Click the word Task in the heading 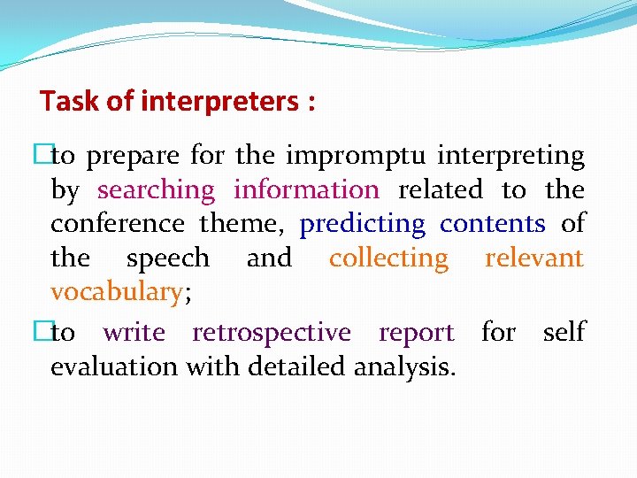(x=69, y=102)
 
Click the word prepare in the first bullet (x=134, y=158)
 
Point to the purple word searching (x=156, y=190)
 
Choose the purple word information (x=306, y=190)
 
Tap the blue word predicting (x=363, y=224)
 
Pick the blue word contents (x=492, y=224)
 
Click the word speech (x=168, y=258)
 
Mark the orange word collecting (x=389, y=258)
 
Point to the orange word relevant (x=534, y=258)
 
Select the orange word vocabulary (x=116, y=292)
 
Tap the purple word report (x=416, y=333)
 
